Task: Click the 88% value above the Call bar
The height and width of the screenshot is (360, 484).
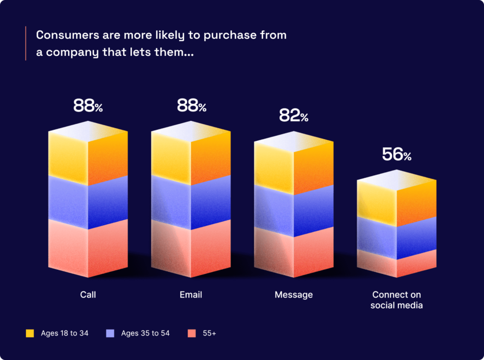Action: point(88,106)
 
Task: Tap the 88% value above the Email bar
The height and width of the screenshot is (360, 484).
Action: point(191,106)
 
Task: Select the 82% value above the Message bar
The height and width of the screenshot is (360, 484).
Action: point(294,115)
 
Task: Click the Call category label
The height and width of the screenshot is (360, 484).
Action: point(88,295)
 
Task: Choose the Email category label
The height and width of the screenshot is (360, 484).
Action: point(191,295)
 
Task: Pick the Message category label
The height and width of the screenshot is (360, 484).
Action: point(294,295)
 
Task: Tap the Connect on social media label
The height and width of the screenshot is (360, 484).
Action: point(397,300)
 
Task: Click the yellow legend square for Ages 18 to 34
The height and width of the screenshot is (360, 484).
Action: point(30,334)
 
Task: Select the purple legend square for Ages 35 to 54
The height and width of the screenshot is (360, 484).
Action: point(111,334)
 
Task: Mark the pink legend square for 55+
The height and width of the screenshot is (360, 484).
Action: point(192,334)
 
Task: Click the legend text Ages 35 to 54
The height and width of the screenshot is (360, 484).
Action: point(145,334)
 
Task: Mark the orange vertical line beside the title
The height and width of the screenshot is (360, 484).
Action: point(26,43)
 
